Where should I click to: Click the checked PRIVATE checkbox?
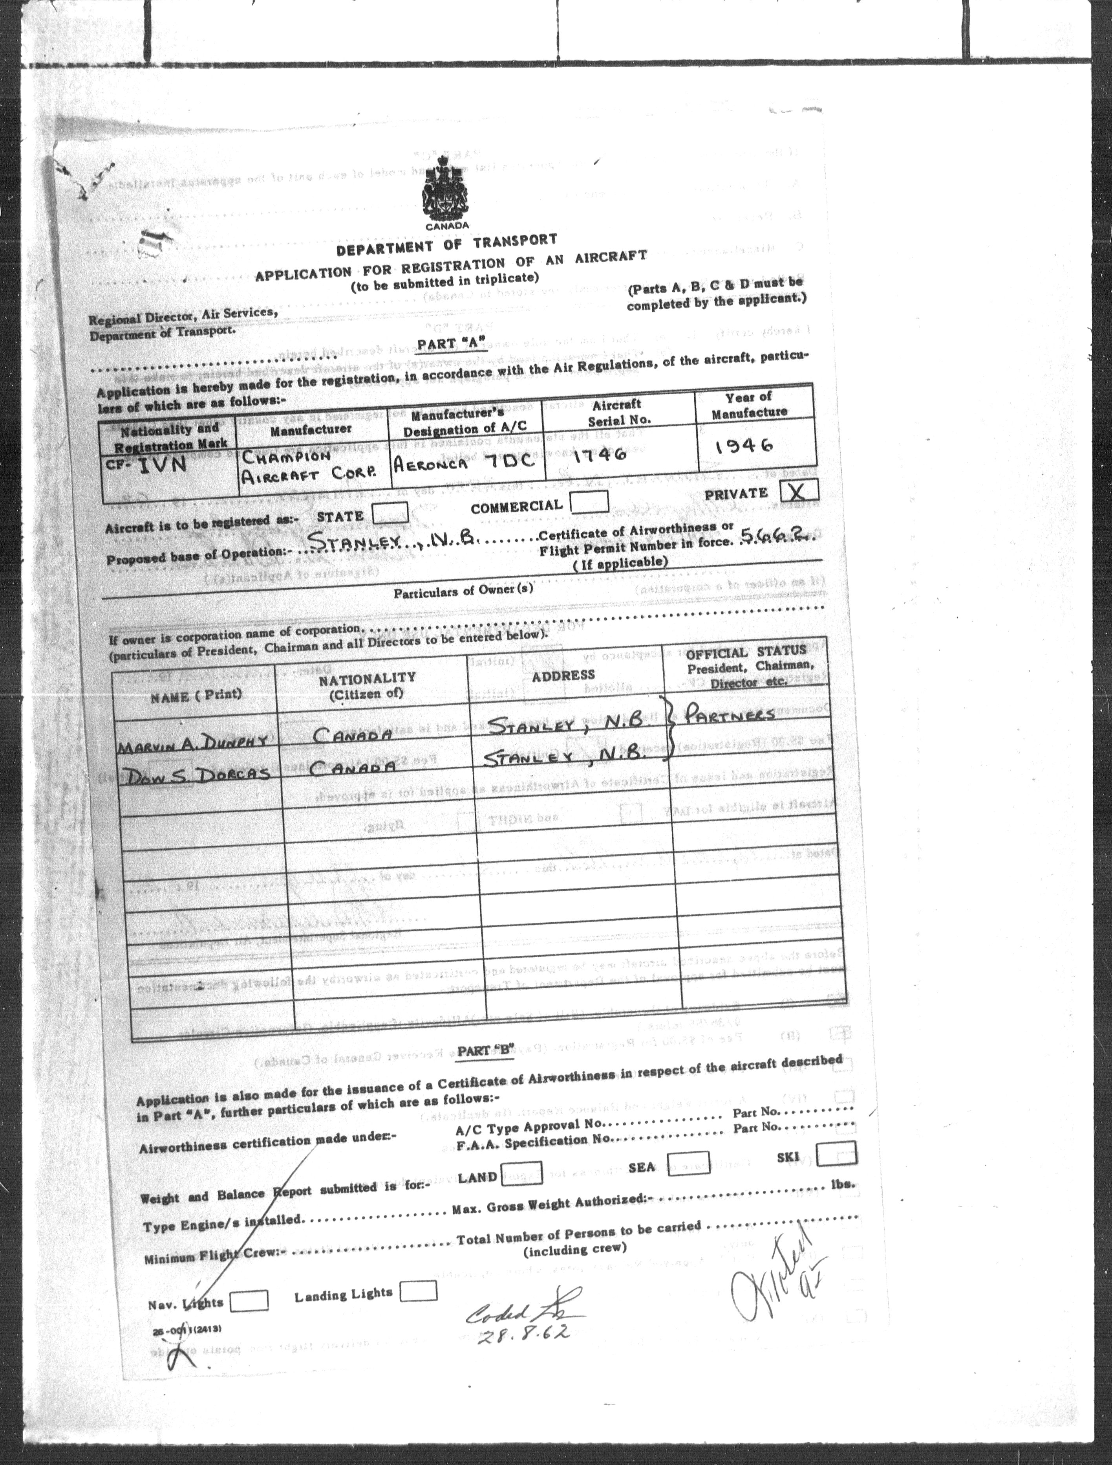pyautogui.click(x=799, y=491)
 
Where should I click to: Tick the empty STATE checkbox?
pyautogui.click(x=390, y=513)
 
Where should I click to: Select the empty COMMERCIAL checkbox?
pyautogui.click(x=589, y=501)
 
